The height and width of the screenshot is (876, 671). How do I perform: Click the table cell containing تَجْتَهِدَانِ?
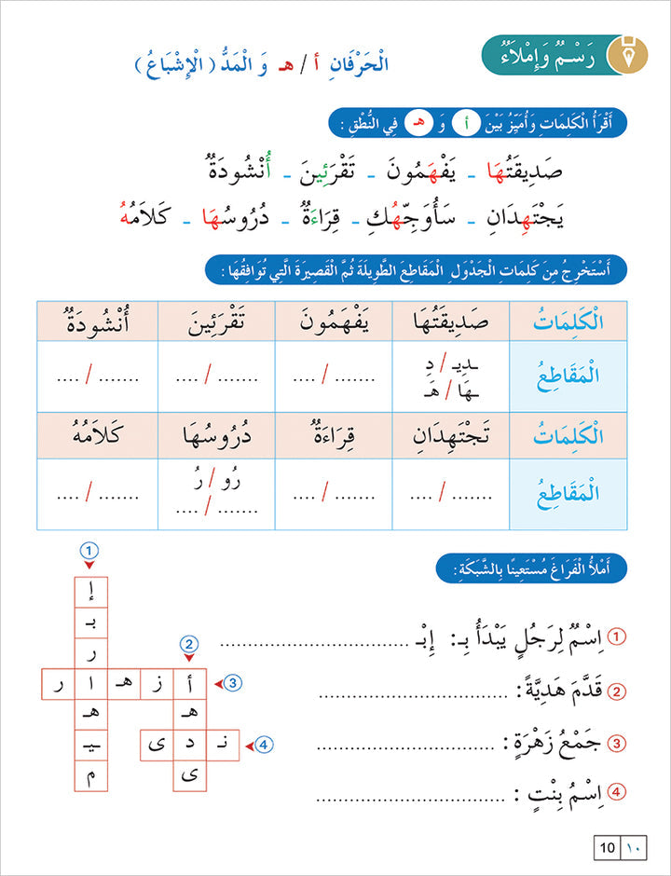tap(451, 436)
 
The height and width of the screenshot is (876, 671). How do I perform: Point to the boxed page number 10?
tap(607, 848)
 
